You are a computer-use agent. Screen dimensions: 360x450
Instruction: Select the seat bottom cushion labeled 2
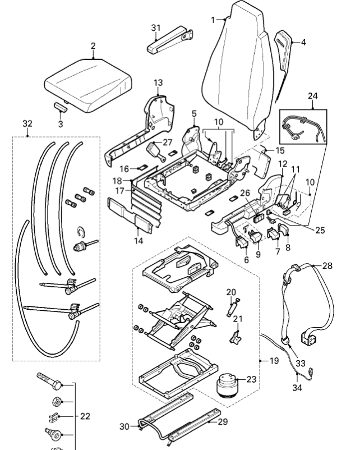click(88, 85)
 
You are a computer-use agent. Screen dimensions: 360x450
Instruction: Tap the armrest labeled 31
click(170, 40)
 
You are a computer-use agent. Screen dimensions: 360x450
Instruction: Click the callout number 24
click(313, 96)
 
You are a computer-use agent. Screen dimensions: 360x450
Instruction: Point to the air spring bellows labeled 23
click(228, 384)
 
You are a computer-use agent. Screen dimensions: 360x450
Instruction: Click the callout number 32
click(27, 123)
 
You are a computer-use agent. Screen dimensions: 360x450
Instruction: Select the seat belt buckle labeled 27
click(155, 151)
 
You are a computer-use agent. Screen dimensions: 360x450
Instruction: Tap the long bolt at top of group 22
click(49, 381)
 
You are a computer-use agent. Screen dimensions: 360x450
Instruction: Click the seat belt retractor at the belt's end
click(308, 338)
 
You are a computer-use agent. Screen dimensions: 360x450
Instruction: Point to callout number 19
click(274, 360)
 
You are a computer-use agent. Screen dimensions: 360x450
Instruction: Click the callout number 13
click(158, 82)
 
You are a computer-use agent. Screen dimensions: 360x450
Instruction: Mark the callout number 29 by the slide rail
click(223, 421)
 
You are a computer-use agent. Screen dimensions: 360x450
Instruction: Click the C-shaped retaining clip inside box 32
click(81, 232)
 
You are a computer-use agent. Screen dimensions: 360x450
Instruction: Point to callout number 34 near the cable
click(297, 388)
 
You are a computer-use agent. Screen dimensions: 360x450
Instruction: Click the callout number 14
click(139, 241)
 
